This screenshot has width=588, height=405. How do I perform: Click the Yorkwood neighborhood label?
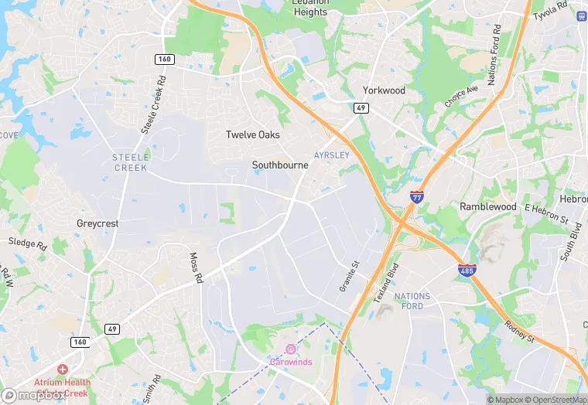385,90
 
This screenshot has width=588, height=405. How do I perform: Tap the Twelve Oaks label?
252,135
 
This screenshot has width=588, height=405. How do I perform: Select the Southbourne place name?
280,165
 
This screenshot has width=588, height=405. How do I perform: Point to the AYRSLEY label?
332,155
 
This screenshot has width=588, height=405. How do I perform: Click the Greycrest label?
97,223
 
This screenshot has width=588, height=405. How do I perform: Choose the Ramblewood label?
487,207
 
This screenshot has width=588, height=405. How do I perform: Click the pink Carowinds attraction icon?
291,349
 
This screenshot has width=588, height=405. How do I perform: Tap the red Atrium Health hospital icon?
62,370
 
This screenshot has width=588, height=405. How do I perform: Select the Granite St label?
350,276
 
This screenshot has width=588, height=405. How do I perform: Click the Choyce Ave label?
461,96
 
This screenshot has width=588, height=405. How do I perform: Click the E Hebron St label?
546,213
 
